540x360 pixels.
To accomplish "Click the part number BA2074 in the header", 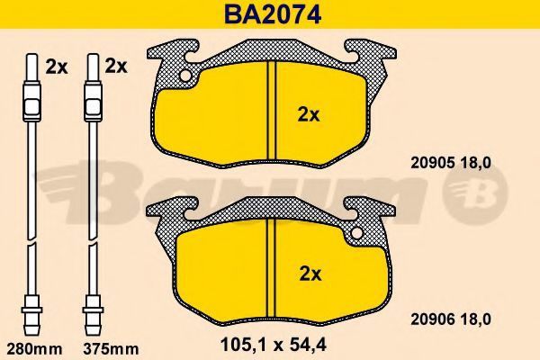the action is pos(273,13).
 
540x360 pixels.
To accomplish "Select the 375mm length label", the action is pos(111,349).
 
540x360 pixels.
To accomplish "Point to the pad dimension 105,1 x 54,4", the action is pos(273,345).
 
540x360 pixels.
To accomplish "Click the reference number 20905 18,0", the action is pos(451,163).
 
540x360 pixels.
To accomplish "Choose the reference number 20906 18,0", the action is pos(451,319).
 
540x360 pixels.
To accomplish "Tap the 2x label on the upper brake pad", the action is pos(309,115).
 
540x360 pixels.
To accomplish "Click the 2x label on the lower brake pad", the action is pos(310,274).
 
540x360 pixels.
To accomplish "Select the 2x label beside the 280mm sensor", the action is pos(57,67).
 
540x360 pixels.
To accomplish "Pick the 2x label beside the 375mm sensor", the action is pos(116,66).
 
